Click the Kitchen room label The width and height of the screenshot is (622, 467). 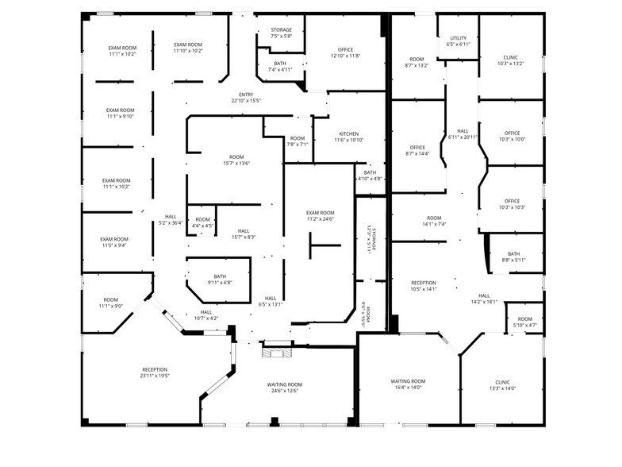348,137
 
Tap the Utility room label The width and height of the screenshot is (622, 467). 459,41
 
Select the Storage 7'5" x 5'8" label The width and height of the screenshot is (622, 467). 281,33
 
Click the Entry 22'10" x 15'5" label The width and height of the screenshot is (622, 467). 246,98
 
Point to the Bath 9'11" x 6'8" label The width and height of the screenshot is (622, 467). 219,279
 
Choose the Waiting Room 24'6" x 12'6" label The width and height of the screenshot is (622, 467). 284,388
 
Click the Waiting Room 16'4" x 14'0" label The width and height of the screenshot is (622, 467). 409,384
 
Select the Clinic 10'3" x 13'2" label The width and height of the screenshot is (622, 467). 511,60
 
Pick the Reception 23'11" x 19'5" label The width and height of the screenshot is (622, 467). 155,373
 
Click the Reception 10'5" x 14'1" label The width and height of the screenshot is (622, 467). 424,286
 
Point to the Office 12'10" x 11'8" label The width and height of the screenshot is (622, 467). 345,52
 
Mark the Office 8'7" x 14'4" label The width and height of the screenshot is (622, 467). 417,150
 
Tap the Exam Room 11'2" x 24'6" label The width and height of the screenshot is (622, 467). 321,216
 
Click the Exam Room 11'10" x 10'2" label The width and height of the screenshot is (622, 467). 188,48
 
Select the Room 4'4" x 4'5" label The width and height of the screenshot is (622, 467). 202,222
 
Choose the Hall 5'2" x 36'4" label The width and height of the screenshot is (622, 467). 171,219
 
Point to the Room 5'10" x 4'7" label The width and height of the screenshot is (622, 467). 524,322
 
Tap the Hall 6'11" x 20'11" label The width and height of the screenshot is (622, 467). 463,134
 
